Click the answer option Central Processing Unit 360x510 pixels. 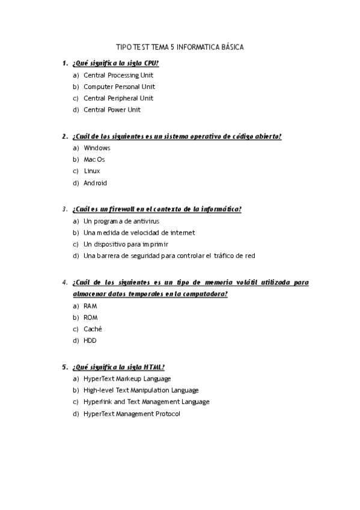[x=118, y=75]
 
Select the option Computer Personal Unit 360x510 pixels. [x=119, y=87]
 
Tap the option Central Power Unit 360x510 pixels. [x=112, y=109]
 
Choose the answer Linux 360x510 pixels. [x=92, y=171]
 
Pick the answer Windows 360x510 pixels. [x=97, y=148]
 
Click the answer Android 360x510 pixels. [x=95, y=183]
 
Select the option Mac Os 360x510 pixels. [x=94, y=159]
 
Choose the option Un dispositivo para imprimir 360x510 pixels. [x=126, y=244]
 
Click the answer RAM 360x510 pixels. [x=90, y=306]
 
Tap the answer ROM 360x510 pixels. [x=91, y=318]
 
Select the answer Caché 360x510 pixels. [x=93, y=329]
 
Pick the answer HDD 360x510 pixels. [x=90, y=340]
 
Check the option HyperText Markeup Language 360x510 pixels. [x=127, y=379]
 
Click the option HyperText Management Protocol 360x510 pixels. [x=132, y=414]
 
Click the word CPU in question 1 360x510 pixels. [x=151, y=63]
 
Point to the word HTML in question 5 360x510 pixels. [x=154, y=367]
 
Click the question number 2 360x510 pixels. [x=64, y=137]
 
